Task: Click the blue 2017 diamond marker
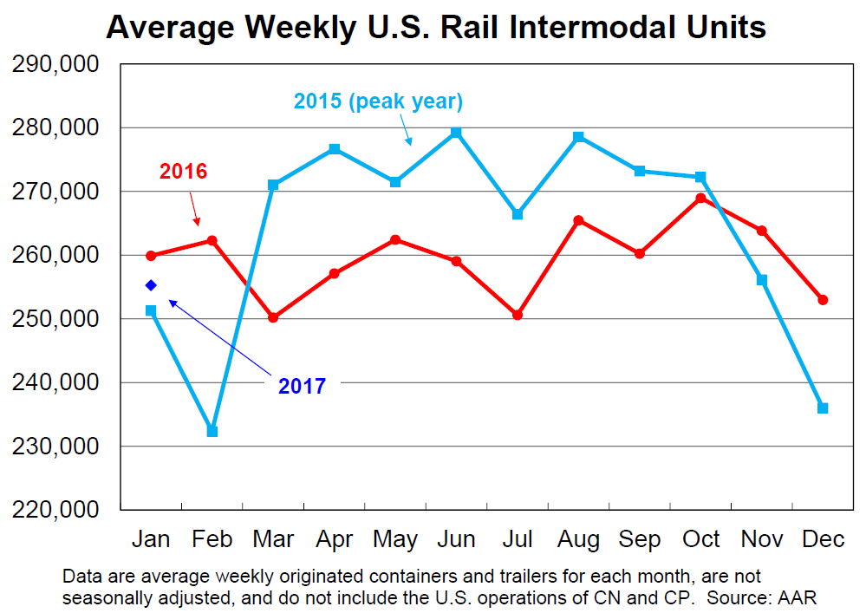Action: pos(151,285)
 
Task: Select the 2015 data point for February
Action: pos(212,431)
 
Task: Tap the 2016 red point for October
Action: pos(700,199)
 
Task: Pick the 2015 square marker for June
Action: pos(456,133)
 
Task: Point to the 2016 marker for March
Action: pos(273,317)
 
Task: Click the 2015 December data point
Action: pos(823,408)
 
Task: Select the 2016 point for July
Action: pos(518,315)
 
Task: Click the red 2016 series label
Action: pos(183,171)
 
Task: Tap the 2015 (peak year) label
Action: pos(378,101)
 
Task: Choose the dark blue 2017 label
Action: pos(302,386)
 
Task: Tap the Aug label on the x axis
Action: pos(578,539)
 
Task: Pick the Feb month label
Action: pos(212,539)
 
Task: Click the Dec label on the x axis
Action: pos(823,539)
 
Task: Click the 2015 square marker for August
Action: pos(578,137)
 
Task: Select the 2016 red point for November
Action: pos(762,231)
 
